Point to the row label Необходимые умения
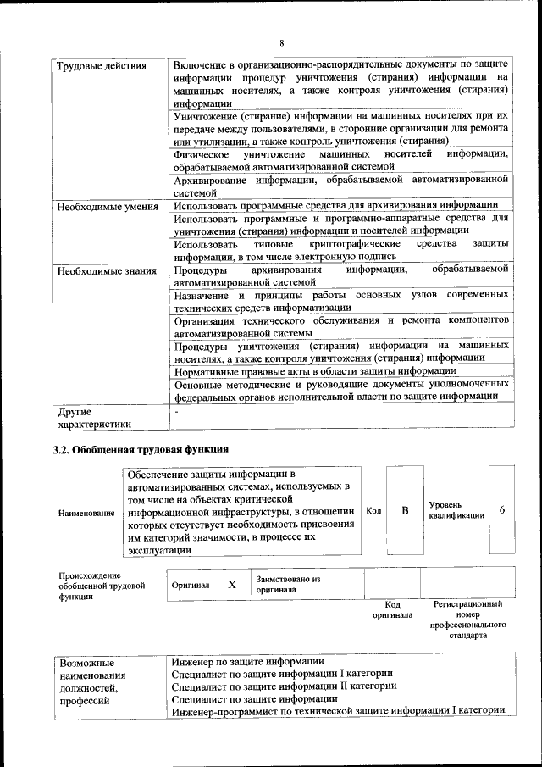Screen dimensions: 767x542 106,206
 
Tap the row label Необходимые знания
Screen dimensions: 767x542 106,271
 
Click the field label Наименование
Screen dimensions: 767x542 86,514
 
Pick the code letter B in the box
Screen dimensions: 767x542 405,510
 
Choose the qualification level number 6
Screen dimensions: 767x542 502,510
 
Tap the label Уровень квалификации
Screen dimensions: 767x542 456,510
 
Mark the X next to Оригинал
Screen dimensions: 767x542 231,585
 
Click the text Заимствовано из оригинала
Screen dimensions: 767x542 289,584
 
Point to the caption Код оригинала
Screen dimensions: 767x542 392,609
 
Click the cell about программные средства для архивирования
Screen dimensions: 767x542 335,206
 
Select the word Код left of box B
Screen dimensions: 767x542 373,510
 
